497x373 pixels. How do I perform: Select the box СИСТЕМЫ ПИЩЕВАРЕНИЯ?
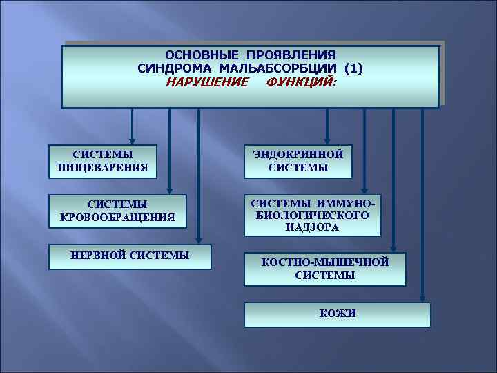[x=102, y=161]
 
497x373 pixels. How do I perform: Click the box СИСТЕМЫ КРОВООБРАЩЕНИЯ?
[x=117, y=211]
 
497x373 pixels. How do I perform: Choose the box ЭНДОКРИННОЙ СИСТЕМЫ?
[x=298, y=161]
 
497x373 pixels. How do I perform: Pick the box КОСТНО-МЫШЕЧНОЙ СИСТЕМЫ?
[x=324, y=269]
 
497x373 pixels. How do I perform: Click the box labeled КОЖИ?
[x=338, y=314]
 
